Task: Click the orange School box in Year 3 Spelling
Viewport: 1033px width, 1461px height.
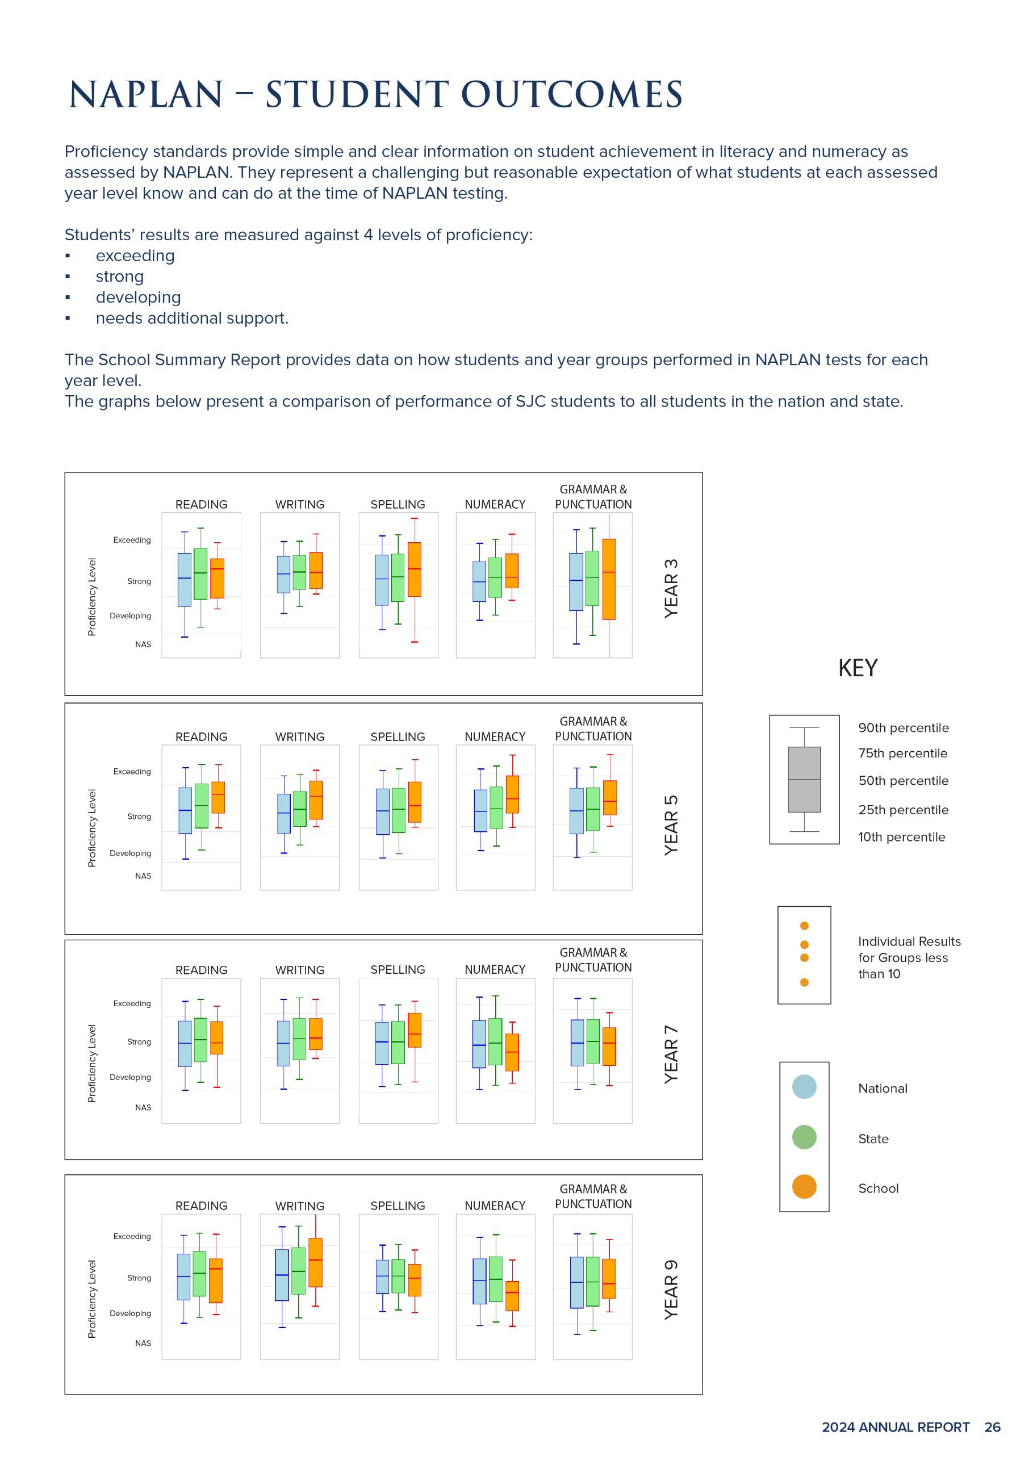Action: coord(415,570)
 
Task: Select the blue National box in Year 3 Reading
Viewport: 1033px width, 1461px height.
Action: coord(184,580)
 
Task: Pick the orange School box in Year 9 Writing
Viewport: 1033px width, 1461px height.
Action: coord(315,1262)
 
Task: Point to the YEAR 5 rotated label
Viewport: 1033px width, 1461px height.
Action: coord(671,824)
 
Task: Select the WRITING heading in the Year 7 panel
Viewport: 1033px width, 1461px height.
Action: coord(300,970)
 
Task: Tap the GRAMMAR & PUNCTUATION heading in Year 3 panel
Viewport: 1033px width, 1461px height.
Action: coord(593,496)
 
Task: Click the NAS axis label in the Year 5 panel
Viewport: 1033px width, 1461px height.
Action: coord(143,876)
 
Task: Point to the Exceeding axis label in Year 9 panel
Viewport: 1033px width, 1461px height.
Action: coord(132,1236)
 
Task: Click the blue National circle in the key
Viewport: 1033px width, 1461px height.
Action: coord(804,1087)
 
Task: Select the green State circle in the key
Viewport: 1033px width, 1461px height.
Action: coord(804,1137)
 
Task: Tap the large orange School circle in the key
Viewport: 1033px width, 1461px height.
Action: coord(804,1187)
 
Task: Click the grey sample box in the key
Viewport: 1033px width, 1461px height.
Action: coord(804,780)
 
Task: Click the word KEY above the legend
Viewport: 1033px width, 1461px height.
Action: coord(858,668)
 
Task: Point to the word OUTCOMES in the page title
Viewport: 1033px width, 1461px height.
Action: coord(571,95)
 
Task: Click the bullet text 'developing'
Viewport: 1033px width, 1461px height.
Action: coord(138,297)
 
